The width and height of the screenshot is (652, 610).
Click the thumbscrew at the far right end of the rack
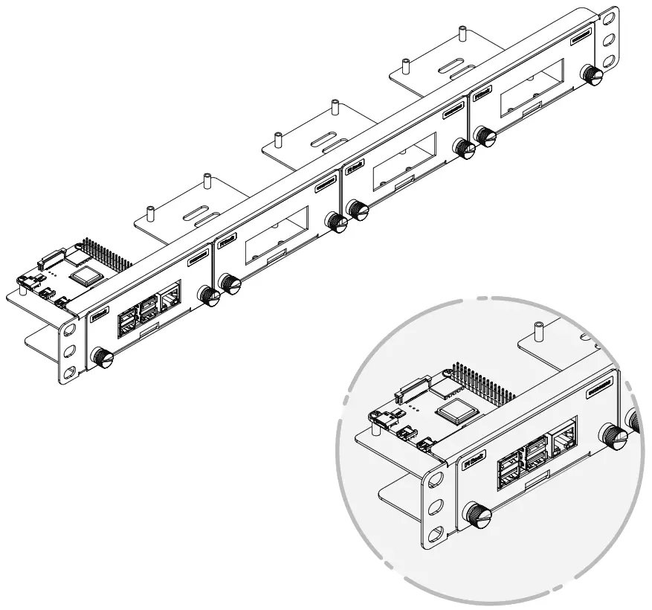point(591,74)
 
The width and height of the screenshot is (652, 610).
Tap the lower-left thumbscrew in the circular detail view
point(476,514)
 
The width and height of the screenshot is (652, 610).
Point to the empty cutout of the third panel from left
point(405,164)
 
